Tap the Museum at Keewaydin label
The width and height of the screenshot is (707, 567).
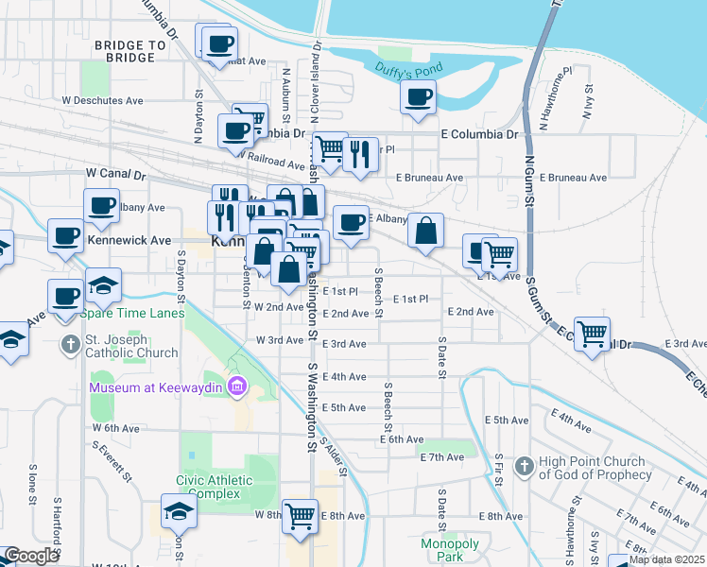pos(159,387)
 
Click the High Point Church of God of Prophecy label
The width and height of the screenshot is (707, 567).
pos(592,468)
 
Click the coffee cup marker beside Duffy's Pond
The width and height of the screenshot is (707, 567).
pos(418,96)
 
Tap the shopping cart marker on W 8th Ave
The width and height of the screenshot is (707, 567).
pos(300,516)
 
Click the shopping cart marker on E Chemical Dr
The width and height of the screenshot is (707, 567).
pos(592,333)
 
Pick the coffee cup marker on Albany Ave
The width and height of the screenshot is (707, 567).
pos(101,205)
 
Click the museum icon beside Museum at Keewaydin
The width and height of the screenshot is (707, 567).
pos(236,387)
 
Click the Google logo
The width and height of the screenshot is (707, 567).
pos(30,556)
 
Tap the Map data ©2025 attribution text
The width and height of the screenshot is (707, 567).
pos(666,559)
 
